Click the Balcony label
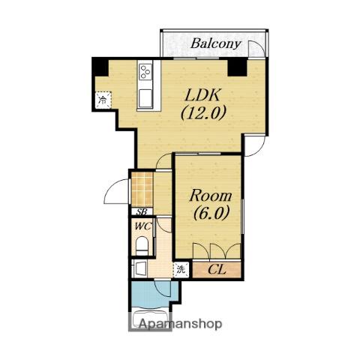point(216,43)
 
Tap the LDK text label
point(202,95)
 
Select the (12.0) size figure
point(203,112)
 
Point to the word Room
point(211,196)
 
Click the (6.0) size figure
point(211,212)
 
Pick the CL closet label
point(217,269)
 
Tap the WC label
point(143,226)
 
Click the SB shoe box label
point(142,212)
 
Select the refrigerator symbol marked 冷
point(103,100)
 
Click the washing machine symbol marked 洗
point(181,269)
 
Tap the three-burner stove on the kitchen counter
point(145,71)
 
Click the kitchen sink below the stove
point(145,98)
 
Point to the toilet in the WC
point(142,246)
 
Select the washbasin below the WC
point(140,269)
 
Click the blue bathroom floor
point(154,294)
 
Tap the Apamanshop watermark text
point(180,324)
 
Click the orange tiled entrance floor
point(142,189)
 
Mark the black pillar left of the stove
point(100,67)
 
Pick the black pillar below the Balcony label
point(237,67)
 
